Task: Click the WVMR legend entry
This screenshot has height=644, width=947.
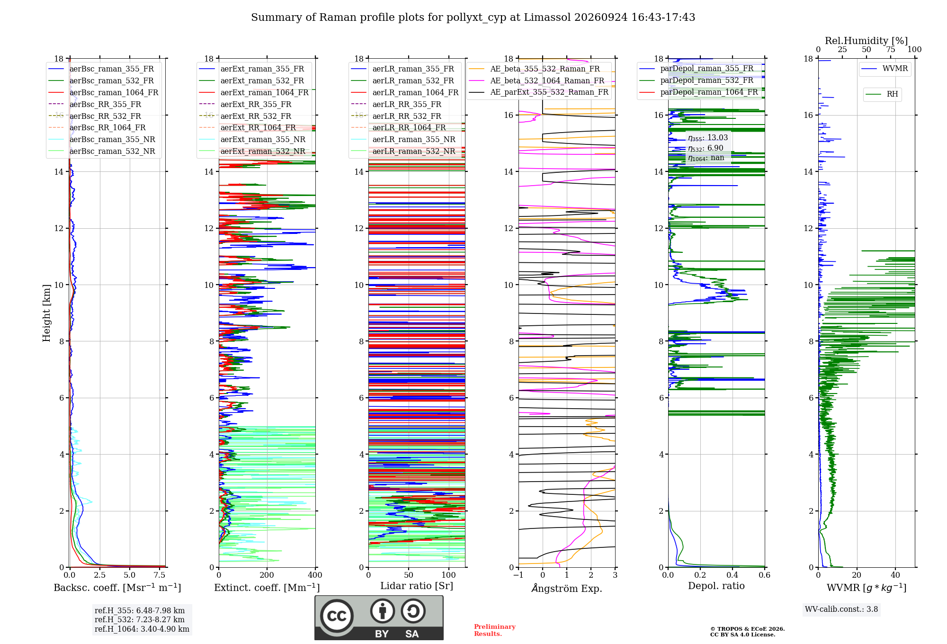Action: pos(884,69)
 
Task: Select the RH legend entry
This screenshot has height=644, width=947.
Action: pos(882,94)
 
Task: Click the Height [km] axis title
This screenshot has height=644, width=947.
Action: pos(46,313)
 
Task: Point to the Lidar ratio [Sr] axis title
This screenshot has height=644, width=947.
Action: pos(417,586)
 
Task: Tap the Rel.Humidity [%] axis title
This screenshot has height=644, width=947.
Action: pos(867,41)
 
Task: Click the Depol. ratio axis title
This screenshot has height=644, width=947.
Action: pos(716,586)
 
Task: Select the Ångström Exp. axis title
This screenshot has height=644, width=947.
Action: pos(567,588)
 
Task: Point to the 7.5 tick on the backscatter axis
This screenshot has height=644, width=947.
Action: pos(160,575)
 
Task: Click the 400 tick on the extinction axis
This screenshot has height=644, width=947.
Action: pos(315,575)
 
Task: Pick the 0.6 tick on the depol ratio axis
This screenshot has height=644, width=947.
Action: pos(765,575)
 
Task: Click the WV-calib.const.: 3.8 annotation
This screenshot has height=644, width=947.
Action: pos(841,609)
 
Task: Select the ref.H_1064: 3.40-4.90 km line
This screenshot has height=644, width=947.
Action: pos(142,629)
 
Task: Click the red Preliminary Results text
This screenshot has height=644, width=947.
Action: pos(495,630)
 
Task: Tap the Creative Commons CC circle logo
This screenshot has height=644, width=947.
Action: pos(337,616)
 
